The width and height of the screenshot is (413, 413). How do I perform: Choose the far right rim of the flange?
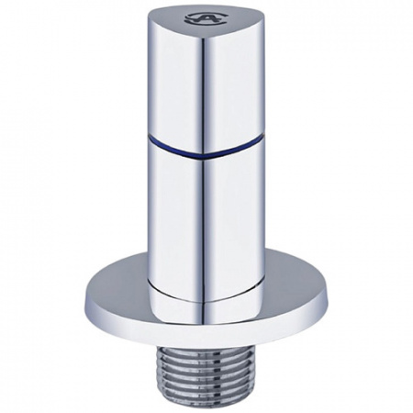pyautogui.click(x=329, y=292)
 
